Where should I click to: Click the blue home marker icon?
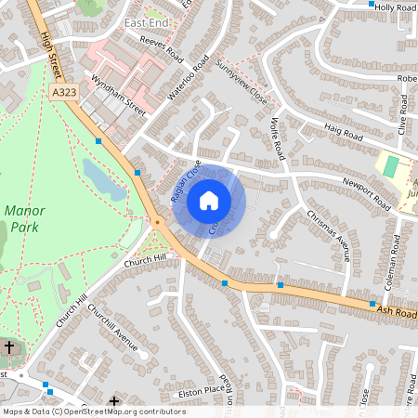coord(209,200)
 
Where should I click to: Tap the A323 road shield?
coord(65,93)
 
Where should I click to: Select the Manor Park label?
coord(24,218)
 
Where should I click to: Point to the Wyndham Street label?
coord(119,97)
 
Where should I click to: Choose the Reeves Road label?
coord(162,47)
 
